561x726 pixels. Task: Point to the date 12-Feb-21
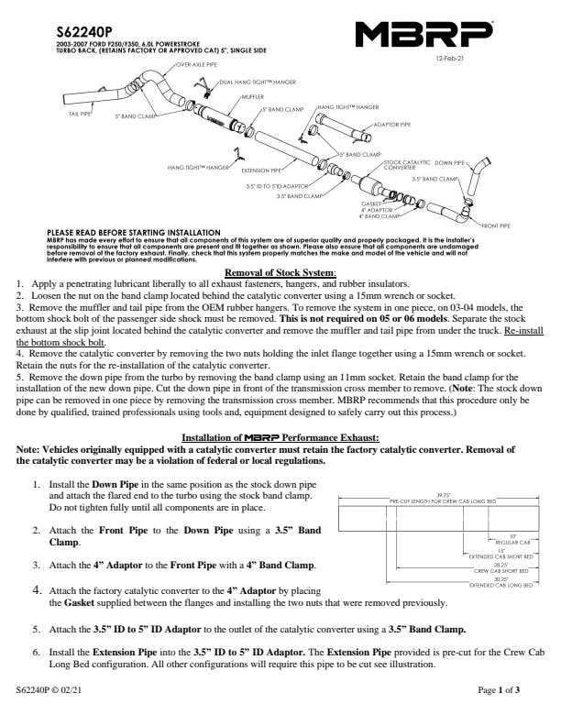coord(450,60)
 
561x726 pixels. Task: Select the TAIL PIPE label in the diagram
coord(80,114)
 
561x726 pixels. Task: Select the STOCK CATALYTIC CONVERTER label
coord(401,164)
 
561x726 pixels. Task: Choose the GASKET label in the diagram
coord(371,203)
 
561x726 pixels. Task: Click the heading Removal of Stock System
coord(280,272)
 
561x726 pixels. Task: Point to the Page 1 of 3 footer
coord(499,714)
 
